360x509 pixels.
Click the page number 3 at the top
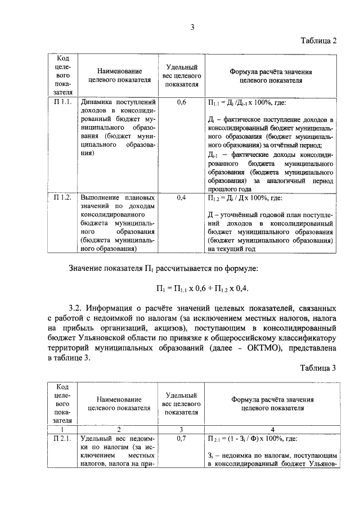tap(192, 27)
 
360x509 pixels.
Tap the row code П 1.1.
tap(61, 102)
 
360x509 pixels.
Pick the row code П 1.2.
tap(61, 197)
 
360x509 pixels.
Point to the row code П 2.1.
tap(61, 439)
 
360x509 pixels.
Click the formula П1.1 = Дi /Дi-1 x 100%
tap(247, 103)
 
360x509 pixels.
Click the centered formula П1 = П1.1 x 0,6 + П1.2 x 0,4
tap(202, 288)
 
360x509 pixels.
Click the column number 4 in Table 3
tap(272, 429)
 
